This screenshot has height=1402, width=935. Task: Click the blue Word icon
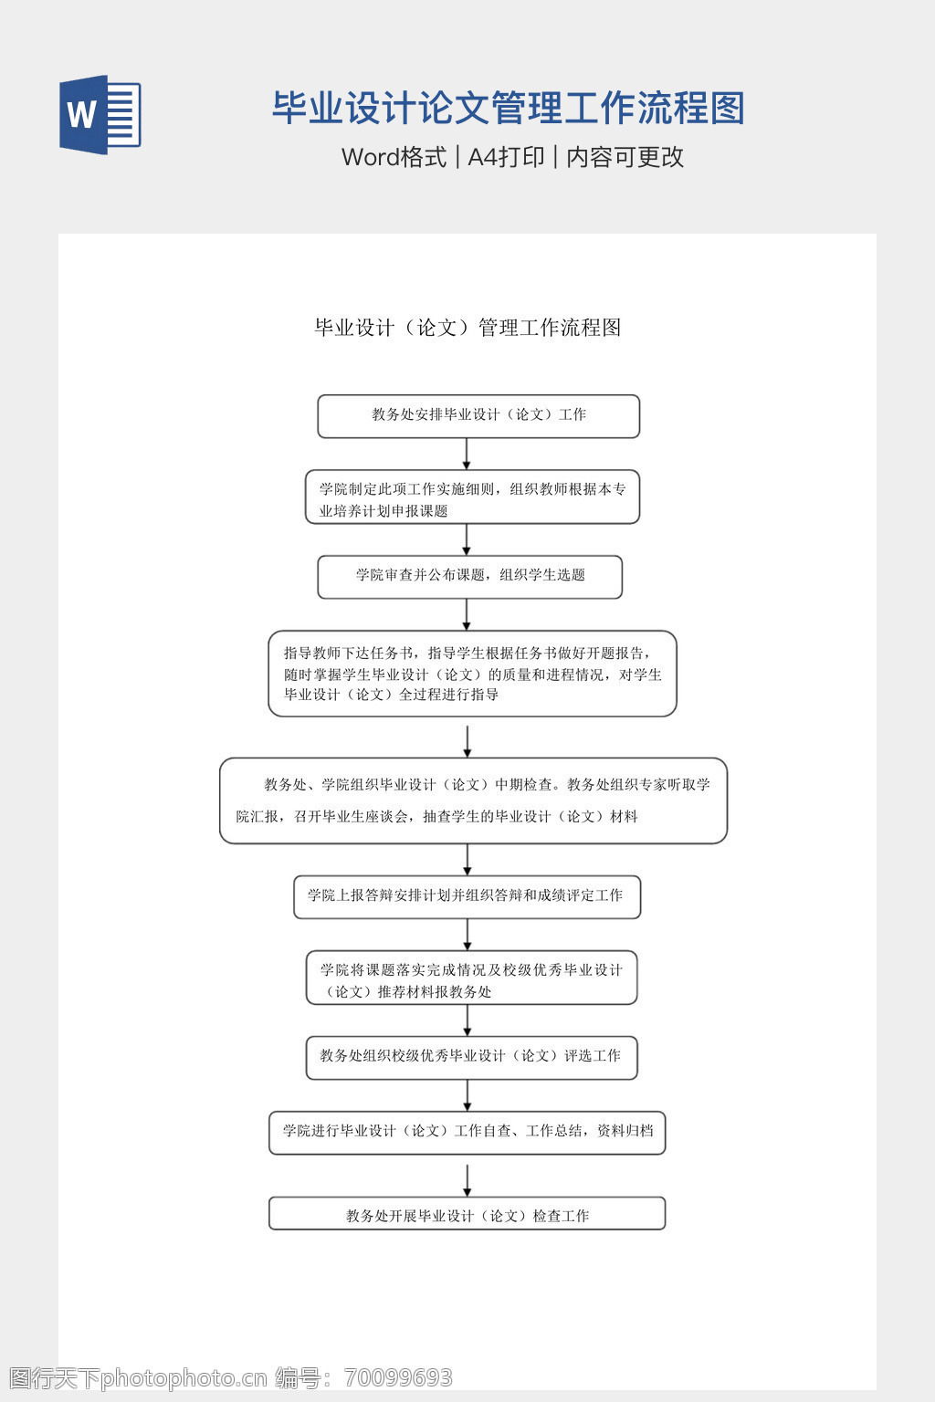[100, 115]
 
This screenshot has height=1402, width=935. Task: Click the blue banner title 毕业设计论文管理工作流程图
[508, 108]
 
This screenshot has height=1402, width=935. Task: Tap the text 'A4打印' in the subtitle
[506, 157]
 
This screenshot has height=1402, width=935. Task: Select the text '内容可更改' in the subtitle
[625, 157]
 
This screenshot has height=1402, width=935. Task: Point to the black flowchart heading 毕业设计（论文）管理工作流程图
[467, 328]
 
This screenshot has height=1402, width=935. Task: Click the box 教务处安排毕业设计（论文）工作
[478, 416]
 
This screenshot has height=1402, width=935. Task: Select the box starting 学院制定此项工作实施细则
[472, 497]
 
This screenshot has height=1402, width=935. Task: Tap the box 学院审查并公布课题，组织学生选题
[469, 577]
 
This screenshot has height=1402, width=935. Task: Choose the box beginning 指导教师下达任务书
[472, 674]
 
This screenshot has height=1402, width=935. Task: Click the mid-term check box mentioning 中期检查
[473, 800]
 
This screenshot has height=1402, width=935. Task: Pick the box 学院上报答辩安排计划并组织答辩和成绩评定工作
[467, 897]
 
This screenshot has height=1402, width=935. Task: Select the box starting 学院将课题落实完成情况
[471, 978]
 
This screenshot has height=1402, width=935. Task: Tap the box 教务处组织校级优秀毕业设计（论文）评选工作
[471, 1057]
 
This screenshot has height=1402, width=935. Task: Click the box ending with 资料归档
[467, 1132]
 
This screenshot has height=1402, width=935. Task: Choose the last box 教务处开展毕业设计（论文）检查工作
[467, 1214]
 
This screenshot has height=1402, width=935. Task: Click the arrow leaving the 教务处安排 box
[467, 454]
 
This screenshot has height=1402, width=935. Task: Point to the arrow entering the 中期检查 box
[467, 741]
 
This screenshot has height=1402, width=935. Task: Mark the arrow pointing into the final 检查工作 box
[467, 1180]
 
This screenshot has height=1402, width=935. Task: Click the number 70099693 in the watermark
[399, 1377]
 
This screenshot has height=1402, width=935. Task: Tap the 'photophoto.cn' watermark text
[184, 1377]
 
